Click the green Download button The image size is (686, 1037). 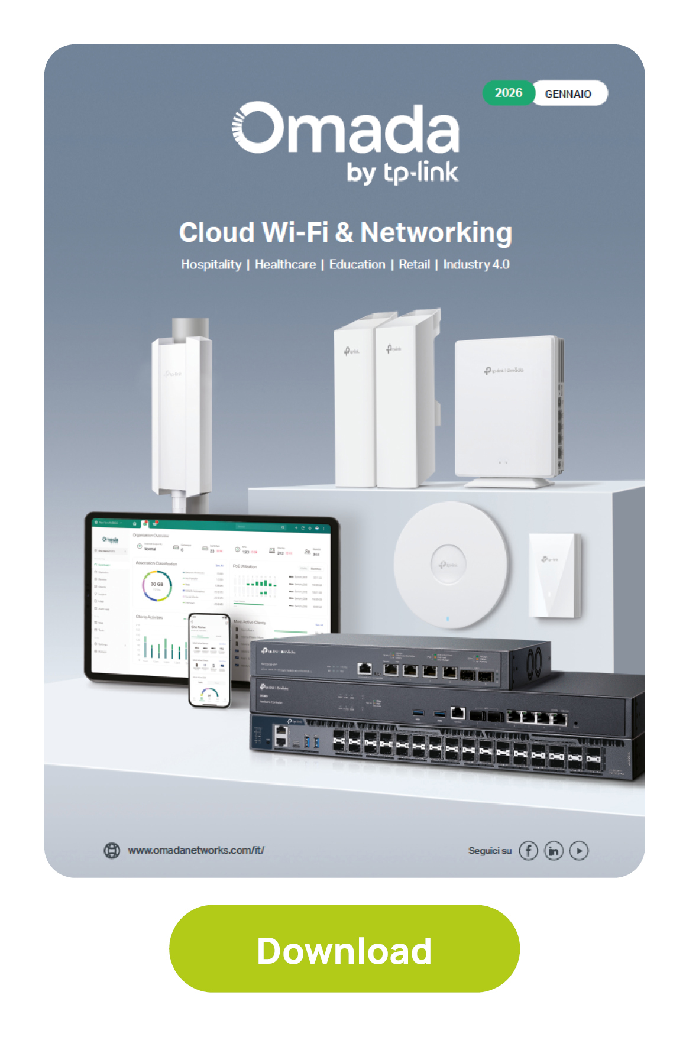(344, 948)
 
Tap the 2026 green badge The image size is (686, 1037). (509, 93)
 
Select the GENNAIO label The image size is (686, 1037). (568, 93)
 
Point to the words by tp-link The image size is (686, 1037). (402, 173)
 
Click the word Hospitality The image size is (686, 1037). (211, 264)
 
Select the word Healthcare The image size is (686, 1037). (285, 264)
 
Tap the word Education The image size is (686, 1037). (357, 264)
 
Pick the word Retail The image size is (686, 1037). (414, 264)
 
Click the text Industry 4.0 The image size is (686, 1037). (476, 264)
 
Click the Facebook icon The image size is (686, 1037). (528, 851)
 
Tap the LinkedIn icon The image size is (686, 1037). (554, 851)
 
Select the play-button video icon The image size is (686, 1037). (579, 851)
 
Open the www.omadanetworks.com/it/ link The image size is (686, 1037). (196, 850)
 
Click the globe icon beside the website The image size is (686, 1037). (112, 850)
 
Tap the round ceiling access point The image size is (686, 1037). (451, 565)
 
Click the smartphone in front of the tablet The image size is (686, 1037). (209, 659)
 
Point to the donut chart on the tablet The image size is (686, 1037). (157, 585)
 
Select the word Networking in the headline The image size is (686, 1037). (436, 232)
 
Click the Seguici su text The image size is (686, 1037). (490, 851)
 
